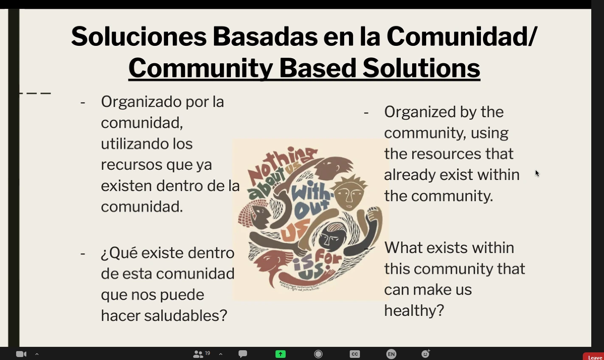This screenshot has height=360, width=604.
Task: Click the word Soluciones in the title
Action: pos(138,37)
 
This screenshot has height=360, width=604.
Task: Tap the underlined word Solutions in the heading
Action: pos(421,68)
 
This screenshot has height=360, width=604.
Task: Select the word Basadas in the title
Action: pos(265,37)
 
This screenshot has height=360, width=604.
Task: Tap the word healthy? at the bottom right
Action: pos(414,311)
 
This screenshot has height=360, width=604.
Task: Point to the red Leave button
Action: pos(594,357)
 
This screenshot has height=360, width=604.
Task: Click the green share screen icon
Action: pos(281,354)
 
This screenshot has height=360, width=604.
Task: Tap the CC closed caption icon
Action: pos(355,354)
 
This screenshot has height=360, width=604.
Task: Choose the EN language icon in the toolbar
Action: pos(391,354)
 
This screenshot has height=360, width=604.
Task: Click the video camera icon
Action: pos(21,354)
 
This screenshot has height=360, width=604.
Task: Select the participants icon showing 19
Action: pos(199,354)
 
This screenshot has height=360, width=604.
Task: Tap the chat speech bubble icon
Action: pos(243,354)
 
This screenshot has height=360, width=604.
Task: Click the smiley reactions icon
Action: pos(425,354)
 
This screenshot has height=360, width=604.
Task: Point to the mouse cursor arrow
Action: pos(537,173)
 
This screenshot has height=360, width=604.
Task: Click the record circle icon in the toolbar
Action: pos(318,354)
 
